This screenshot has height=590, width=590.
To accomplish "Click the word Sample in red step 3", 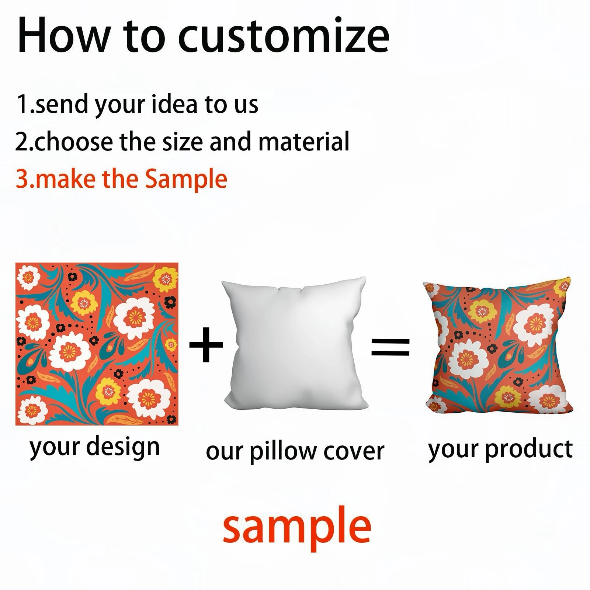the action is (x=186, y=180).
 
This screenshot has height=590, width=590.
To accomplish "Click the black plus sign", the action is (x=206, y=345).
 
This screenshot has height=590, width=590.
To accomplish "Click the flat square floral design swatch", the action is (x=97, y=344).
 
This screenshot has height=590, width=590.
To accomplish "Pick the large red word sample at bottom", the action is (x=297, y=528).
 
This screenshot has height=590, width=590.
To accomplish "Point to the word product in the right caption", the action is (x=529, y=450).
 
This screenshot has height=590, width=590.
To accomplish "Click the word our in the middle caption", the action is (x=225, y=452).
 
